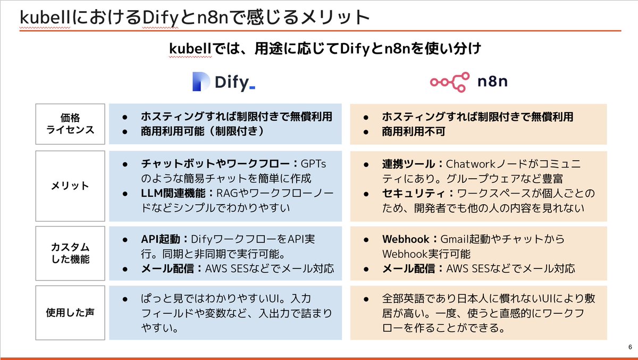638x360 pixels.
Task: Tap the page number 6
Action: point(630,347)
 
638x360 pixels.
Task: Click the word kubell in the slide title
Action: point(43,18)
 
